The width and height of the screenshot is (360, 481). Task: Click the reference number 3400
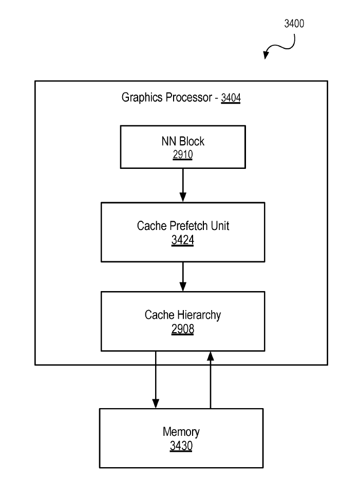pos(294,24)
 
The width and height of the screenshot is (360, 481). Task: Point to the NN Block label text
pos(183,142)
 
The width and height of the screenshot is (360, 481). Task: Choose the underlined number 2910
pos(183,155)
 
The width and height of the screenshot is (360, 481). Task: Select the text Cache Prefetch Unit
pos(183,226)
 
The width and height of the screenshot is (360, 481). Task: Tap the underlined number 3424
pos(183,240)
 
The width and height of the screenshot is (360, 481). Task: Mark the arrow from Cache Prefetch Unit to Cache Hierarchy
pos(183,277)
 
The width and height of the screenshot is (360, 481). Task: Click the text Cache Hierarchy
pos(183,315)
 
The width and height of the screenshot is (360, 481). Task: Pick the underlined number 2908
pos(183,329)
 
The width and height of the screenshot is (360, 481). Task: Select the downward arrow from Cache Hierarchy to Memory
pos(156,379)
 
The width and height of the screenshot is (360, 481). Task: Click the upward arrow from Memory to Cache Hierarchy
pos(210,379)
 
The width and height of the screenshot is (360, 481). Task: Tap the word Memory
pos(181,432)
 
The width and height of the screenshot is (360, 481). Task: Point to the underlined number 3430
pos(181,446)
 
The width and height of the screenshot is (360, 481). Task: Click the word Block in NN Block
pos(191,142)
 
